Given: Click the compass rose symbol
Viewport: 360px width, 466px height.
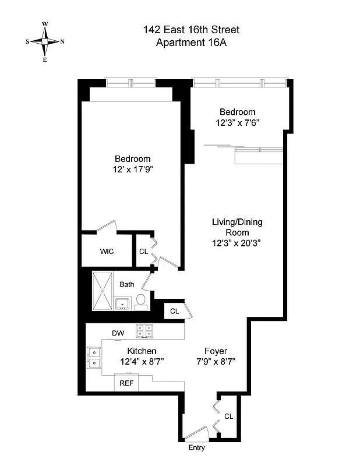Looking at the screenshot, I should (x=45, y=41).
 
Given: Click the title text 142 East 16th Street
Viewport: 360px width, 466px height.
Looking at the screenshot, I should (x=191, y=30).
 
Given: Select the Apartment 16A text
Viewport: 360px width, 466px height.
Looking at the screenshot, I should (x=191, y=42).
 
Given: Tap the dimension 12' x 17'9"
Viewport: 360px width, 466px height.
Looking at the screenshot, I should (x=132, y=170).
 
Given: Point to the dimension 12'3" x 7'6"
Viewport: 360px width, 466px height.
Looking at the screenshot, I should (x=237, y=123).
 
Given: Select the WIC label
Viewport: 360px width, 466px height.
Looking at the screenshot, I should (x=107, y=252).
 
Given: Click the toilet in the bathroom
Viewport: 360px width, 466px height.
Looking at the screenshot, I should (x=140, y=301).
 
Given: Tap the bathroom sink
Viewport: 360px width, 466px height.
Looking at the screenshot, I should (x=123, y=303).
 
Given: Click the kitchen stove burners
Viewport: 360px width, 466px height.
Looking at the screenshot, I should (x=144, y=331).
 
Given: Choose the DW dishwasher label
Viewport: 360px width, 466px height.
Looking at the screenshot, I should (x=118, y=333).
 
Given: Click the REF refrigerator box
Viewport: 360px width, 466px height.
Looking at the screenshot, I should (x=126, y=383).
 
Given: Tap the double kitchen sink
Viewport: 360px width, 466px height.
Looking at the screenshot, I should (x=93, y=358).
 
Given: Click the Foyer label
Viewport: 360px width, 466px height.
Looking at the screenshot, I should (x=216, y=351).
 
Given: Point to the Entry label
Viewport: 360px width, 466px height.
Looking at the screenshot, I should (x=196, y=449).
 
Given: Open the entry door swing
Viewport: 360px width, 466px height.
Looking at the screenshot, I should (x=196, y=434).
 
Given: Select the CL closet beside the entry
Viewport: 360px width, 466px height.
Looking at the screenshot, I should (x=228, y=416).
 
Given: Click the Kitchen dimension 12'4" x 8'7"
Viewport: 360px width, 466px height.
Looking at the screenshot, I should (x=142, y=362).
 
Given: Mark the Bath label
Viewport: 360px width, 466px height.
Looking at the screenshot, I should (x=127, y=284).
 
